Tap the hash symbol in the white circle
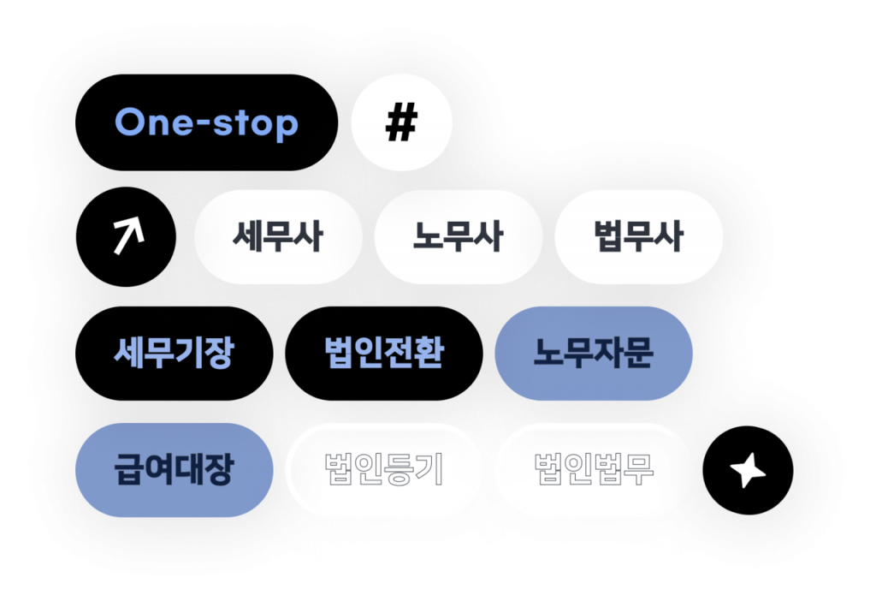pyautogui.click(x=401, y=124)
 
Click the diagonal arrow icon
pyautogui.click(x=126, y=236)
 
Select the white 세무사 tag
pyautogui.click(x=278, y=237)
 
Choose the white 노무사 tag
pyautogui.click(x=459, y=237)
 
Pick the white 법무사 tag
pyautogui.click(x=639, y=237)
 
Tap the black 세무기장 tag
pyautogui.click(x=174, y=353)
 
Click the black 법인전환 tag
pyautogui.click(x=384, y=353)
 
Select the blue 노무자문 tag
pyautogui.click(x=594, y=353)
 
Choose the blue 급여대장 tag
pyautogui.click(x=174, y=469)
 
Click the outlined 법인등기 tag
pyautogui.click(x=384, y=469)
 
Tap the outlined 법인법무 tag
pyautogui.click(x=594, y=469)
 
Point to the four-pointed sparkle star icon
pyautogui.click(x=747, y=470)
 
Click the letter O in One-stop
pyautogui.click(x=129, y=122)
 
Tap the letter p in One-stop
pyautogui.click(x=287, y=126)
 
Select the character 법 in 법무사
pyautogui.click(x=610, y=237)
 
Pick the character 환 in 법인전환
pyautogui.click(x=429, y=353)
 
